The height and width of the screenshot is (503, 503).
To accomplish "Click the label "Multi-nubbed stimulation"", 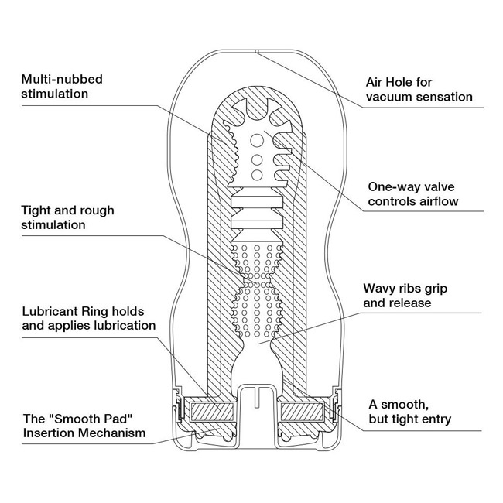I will pos(62,86).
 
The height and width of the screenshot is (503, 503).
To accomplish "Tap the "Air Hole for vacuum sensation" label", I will pos(419,89).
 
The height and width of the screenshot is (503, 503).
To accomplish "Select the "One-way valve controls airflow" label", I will pos(413,193).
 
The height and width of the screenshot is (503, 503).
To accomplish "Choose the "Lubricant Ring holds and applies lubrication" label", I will pos(89,318).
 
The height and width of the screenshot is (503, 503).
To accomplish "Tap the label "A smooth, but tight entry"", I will pos(407,412).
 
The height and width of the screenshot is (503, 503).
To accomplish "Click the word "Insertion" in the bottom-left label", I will pos(50,433).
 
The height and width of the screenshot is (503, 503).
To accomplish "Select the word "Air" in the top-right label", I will pos(375,81).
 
